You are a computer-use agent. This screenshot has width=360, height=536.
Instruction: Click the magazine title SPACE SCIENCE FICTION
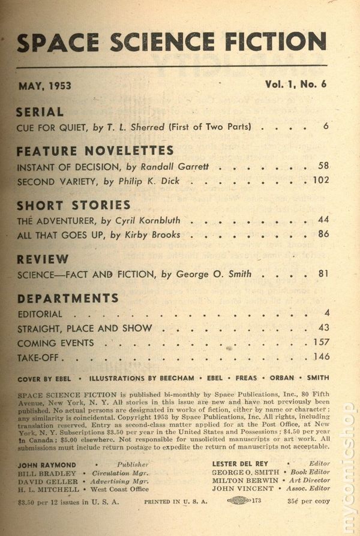[x=172, y=43]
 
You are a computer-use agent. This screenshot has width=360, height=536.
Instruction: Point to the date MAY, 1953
[x=44, y=86]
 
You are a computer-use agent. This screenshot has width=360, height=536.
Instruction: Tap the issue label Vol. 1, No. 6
[x=296, y=85]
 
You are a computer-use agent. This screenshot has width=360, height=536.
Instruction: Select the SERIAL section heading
[x=40, y=112]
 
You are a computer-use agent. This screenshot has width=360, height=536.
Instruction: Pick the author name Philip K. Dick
[x=145, y=180]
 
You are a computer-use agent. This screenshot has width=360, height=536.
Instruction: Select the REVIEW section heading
[x=43, y=260]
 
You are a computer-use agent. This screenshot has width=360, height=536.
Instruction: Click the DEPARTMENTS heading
[x=68, y=299]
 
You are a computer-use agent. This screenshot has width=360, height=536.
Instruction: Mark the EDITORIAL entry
[x=40, y=314]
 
